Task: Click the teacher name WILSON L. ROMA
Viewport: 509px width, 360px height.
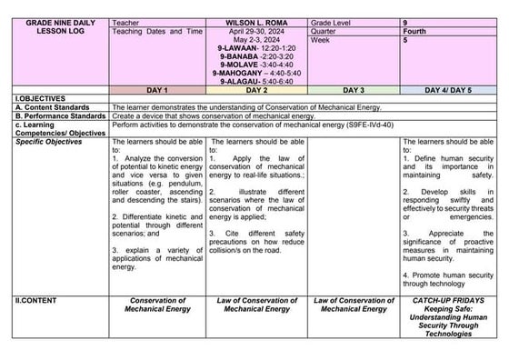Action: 257,21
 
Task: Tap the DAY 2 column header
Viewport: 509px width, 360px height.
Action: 257,91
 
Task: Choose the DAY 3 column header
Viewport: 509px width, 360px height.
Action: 354,91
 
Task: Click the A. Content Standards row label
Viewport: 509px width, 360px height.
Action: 51,107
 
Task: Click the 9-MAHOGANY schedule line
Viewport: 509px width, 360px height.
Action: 257,73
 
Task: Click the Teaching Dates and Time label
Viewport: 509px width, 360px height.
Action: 156,31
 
